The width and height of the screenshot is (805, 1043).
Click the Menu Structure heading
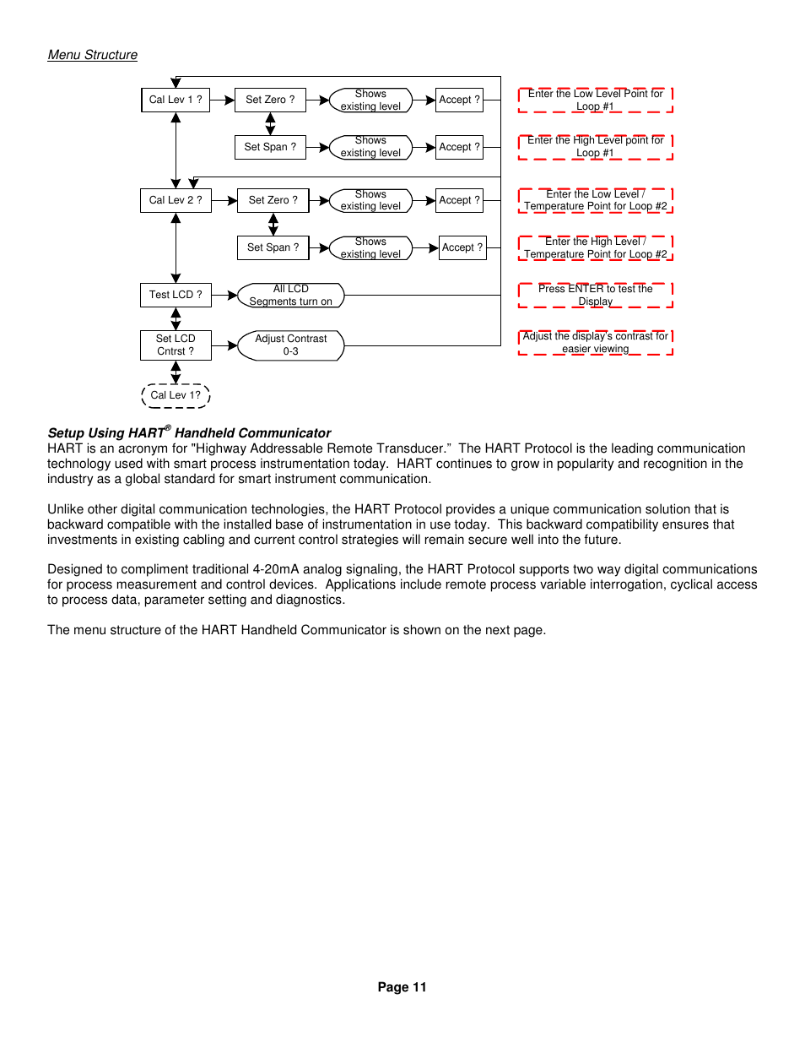pos(92,55)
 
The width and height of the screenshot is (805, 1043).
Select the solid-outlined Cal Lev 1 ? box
pos(176,100)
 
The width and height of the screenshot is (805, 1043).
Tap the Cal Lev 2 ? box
pos(176,200)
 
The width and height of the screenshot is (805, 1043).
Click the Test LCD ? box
pos(176,295)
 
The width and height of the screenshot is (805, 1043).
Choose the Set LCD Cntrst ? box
pos(176,345)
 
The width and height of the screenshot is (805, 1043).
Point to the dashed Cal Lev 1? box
pos(176,395)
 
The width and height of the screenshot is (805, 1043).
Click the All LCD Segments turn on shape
pos(291,295)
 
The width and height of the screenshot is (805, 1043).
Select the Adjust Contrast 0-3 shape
pos(291,345)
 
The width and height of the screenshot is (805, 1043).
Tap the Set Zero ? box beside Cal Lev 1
pos(270,100)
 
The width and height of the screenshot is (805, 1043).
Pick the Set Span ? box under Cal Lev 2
pos(273,247)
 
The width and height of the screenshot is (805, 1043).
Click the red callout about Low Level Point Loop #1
pos(595,100)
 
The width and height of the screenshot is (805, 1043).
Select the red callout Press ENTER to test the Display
pos(595,295)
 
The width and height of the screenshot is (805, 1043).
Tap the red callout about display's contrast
pos(595,342)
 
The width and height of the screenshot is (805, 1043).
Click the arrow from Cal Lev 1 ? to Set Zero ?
pos(222,100)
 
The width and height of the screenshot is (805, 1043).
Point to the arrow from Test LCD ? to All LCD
pos(224,295)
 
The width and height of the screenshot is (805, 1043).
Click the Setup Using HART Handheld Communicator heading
pos(189,432)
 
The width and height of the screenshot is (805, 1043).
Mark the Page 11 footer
pos(402,987)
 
